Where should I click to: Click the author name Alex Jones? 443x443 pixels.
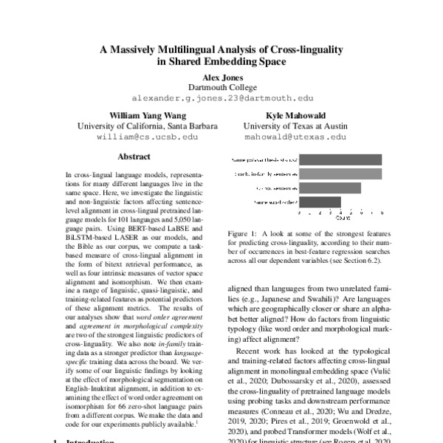tap(221, 75)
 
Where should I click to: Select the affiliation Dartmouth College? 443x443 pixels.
tap(221, 86)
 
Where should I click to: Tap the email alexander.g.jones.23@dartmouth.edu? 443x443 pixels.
tap(221, 97)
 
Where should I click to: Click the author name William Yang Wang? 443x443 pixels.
tap(138, 115)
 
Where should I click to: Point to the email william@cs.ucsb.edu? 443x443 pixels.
tap(138, 137)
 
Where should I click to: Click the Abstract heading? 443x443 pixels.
tap(134, 157)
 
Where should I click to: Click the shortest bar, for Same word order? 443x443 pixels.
tap(319, 201)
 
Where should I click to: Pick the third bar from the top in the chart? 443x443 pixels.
tap(329, 188)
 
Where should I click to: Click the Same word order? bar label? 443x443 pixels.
tap(275, 201)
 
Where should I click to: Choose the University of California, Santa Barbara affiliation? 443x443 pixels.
tap(138, 126)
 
